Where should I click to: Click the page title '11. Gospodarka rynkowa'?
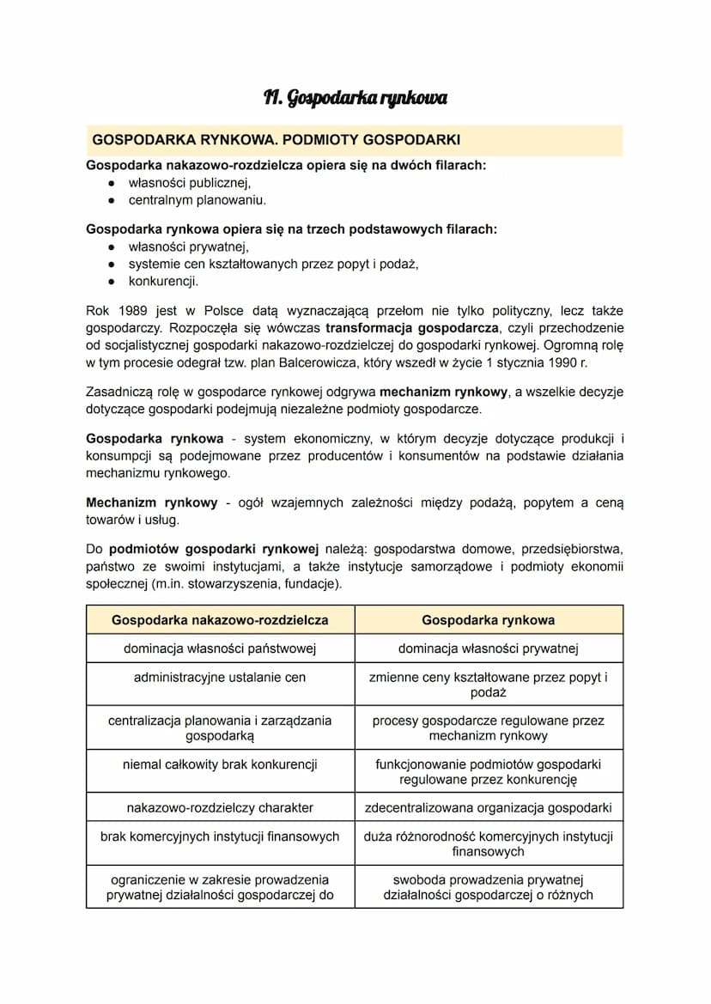click(x=355, y=98)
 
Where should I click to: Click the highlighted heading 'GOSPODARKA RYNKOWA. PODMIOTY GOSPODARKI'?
click(x=276, y=139)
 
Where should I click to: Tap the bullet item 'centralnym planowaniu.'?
click(x=197, y=200)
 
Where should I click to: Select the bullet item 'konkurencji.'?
click(x=163, y=281)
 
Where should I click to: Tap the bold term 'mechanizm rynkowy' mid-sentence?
click(x=444, y=392)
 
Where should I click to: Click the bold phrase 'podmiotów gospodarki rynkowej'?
click(x=214, y=549)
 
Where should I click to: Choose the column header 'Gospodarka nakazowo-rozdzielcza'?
click(x=220, y=619)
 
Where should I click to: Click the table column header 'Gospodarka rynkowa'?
click(x=489, y=619)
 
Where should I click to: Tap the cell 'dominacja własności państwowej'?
click(x=220, y=648)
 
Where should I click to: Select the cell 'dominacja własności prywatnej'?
click(x=489, y=648)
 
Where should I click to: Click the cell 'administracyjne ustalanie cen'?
click(x=220, y=677)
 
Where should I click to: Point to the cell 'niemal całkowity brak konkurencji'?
click(x=220, y=764)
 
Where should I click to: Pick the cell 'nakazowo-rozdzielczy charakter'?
click(x=220, y=807)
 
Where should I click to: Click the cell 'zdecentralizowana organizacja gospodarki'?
click(x=489, y=807)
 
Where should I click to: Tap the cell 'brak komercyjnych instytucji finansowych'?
click(x=220, y=836)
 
